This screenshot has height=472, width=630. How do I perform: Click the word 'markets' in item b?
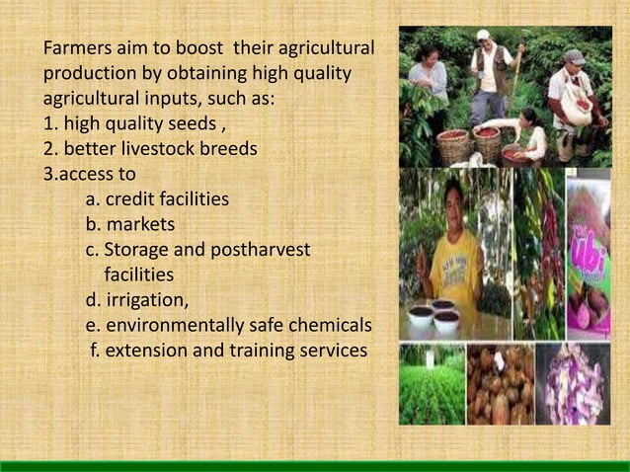[x=140, y=225]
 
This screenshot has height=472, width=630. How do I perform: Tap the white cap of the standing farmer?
[x=483, y=35]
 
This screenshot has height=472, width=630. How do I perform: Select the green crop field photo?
[x=432, y=383]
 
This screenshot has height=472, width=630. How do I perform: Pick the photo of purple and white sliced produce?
[x=574, y=383]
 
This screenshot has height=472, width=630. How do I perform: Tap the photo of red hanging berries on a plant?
[x=540, y=252]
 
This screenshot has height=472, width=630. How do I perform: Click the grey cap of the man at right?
[x=575, y=57]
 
